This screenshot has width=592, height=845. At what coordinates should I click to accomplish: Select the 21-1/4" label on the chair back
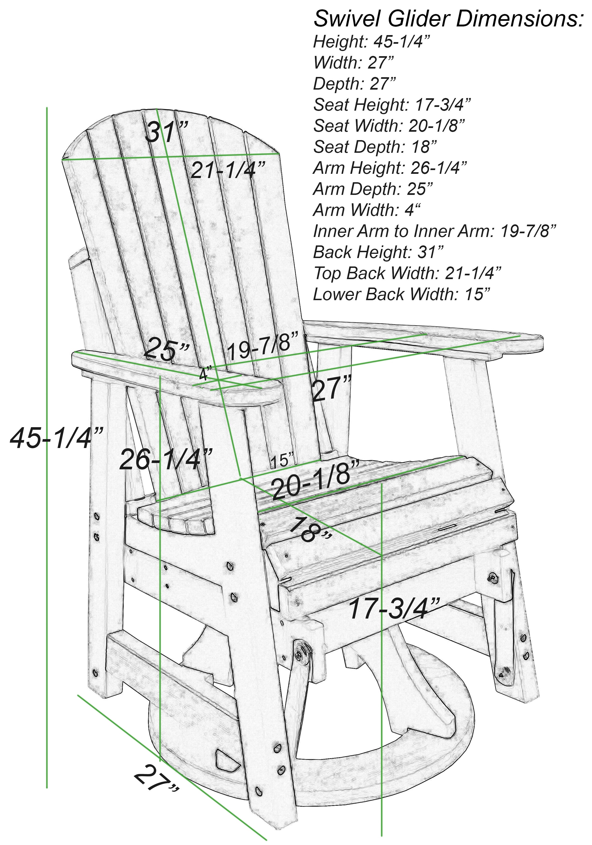point(228,170)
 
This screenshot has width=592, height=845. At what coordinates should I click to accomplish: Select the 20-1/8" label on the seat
point(316,480)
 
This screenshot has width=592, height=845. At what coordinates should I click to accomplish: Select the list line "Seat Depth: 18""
point(375,147)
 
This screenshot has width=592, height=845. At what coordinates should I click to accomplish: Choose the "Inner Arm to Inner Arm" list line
point(434,231)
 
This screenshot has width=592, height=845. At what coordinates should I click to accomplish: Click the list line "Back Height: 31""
point(378,252)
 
